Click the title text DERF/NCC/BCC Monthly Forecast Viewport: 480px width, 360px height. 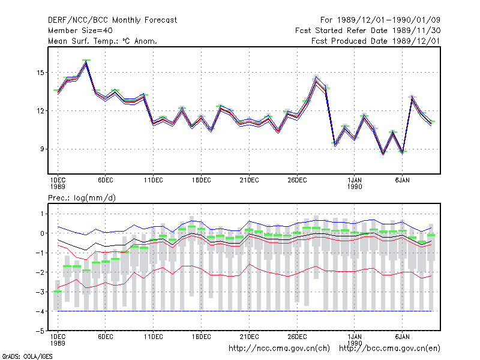112,20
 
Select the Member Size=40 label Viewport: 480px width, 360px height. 80,31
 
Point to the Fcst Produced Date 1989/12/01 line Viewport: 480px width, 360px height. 376,41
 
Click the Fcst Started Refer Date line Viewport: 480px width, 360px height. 368,31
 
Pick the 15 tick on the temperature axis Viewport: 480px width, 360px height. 40,73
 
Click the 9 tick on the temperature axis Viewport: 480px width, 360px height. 42,149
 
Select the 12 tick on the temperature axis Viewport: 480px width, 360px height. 40,111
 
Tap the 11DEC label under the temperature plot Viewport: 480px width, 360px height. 154,181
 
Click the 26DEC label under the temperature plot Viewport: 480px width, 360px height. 297,181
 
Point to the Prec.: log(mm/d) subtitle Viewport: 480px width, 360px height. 82,198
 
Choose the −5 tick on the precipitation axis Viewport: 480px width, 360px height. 40,331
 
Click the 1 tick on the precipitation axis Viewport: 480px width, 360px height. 42,214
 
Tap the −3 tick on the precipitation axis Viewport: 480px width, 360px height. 40,292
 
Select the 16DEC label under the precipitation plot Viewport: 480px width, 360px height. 201,337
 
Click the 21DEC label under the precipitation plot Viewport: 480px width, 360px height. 249,337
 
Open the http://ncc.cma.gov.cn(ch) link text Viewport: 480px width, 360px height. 279,349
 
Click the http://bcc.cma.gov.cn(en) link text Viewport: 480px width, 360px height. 389,349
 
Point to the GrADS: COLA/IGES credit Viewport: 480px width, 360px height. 27,356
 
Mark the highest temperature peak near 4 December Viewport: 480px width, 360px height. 86,61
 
